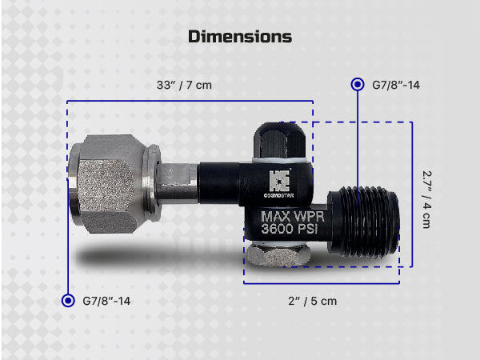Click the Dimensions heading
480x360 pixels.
coord(240,37)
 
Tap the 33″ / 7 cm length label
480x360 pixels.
coord(184,85)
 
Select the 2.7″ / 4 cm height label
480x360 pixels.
coord(426,199)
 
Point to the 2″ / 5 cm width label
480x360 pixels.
coord(312,301)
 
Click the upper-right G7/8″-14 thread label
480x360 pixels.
coord(396,85)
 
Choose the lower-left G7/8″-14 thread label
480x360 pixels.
coord(106,301)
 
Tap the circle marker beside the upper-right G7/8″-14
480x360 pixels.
coord(358,85)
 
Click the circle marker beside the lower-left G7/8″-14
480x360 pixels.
coord(68,301)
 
